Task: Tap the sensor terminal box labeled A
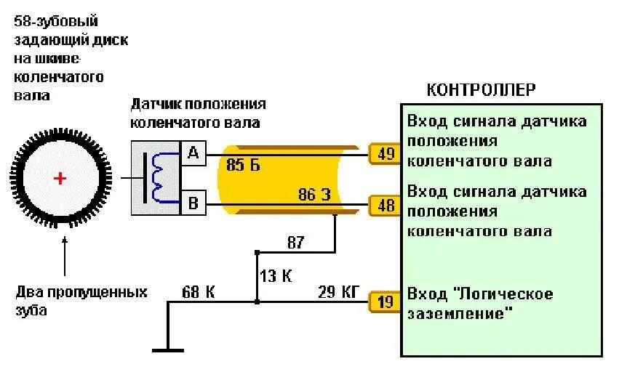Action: pos(193,153)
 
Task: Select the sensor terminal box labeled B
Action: pos(193,203)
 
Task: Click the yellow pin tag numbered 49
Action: pos(384,154)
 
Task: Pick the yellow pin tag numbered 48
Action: pos(384,206)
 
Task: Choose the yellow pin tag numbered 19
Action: pos(384,302)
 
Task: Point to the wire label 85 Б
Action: pos(243,165)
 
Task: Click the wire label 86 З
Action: pos(315,195)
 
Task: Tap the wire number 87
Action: pos(295,243)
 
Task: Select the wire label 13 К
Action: pos(276,276)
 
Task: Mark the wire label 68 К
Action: pos(199,292)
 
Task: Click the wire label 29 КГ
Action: pos(339,292)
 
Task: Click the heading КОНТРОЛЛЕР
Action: pos(481,90)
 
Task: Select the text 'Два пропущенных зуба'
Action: pos(81,299)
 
